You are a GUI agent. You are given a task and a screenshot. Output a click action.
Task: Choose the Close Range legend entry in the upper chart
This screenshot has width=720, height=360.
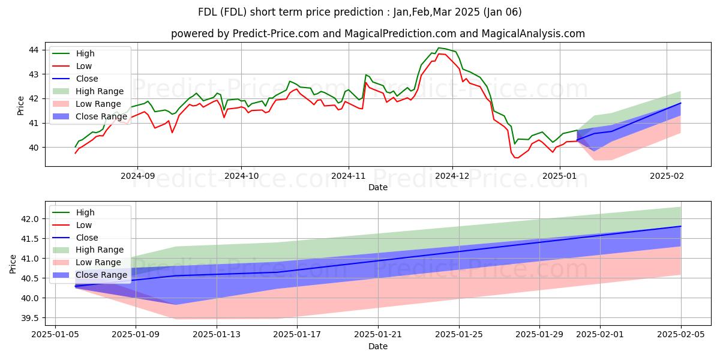pos(101,116)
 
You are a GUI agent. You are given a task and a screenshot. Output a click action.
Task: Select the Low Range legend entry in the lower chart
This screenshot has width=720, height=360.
pos(98,262)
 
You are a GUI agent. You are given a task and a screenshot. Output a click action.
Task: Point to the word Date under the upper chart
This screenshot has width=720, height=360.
pos(378,188)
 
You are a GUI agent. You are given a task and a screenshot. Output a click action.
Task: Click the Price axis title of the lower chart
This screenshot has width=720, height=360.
pos(13,263)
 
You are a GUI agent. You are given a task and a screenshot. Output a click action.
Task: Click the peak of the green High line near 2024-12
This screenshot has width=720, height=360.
pos(439,47)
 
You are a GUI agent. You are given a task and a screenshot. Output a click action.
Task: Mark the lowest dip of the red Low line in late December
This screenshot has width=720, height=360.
pos(517,158)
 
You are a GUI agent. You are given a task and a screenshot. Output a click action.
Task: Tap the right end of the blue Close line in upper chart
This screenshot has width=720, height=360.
pos(680,103)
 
